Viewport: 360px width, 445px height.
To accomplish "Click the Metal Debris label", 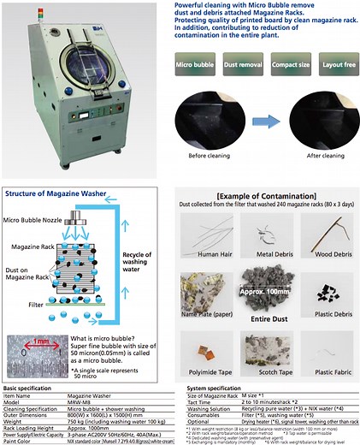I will point(269,254).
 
